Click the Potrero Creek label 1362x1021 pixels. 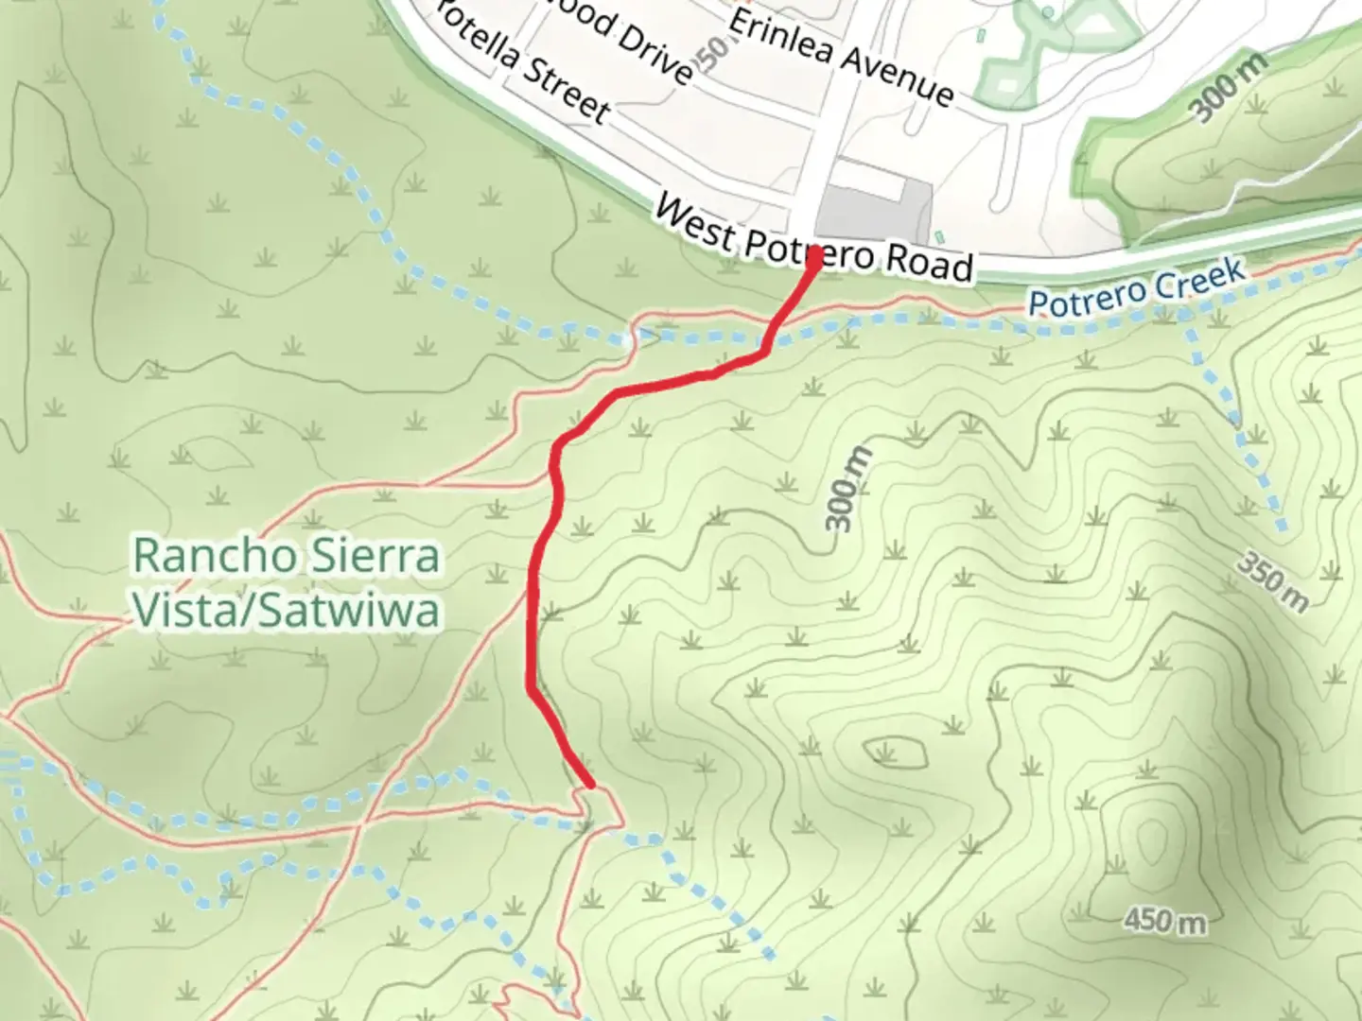1136,289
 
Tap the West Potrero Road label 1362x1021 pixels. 813,239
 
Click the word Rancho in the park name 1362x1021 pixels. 215,555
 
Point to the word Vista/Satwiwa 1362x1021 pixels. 287,610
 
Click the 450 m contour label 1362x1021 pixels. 1165,919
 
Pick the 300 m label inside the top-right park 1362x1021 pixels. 1228,88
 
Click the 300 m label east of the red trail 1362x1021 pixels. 847,487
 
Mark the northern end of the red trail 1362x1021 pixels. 813,252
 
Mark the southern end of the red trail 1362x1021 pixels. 591,785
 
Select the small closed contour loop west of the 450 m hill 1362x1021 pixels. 893,751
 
